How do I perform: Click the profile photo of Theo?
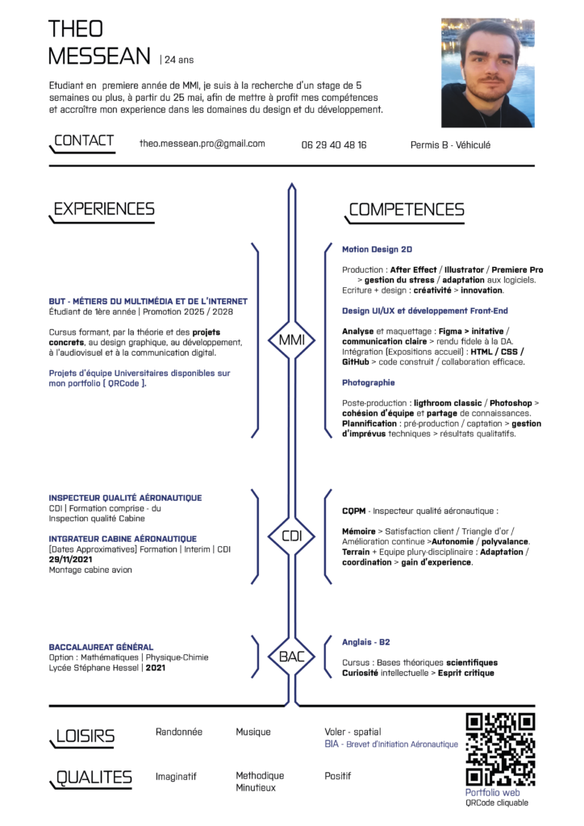(x=487, y=73)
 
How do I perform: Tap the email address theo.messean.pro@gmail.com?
(x=202, y=144)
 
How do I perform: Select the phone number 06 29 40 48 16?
(x=334, y=145)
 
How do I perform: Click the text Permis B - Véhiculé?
(x=450, y=145)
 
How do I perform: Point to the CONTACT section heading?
(x=84, y=141)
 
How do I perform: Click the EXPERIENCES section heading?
(x=103, y=210)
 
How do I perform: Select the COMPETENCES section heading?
(x=406, y=210)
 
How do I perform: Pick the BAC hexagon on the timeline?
(x=291, y=657)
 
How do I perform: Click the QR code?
(x=500, y=749)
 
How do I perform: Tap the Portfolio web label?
(x=492, y=793)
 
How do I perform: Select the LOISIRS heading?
(x=85, y=736)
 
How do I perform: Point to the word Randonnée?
(x=179, y=732)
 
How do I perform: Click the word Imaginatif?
(x=176, y=776)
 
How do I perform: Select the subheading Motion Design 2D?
(x=377, y=250)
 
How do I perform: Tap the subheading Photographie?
(x=369, y=382)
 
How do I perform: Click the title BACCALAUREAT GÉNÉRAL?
(x=101, y=647)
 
